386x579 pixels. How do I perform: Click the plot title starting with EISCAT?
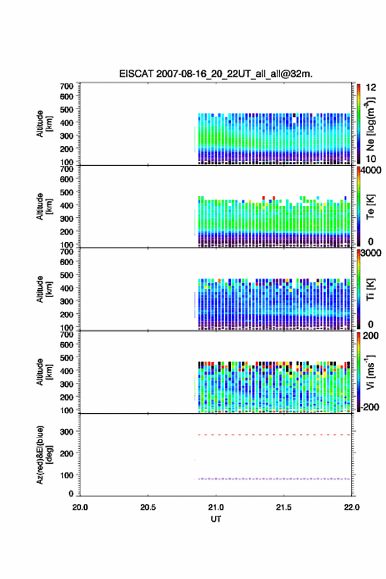216,74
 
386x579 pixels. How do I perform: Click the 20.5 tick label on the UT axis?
148,507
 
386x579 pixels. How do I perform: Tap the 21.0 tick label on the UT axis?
216,507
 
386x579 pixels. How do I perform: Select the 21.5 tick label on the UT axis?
284,507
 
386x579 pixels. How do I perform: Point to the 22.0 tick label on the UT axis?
352,507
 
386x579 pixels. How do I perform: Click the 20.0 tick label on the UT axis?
80,507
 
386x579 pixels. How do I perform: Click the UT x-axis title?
216,519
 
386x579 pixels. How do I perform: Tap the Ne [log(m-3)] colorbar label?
370,124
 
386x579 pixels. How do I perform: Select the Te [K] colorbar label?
370,207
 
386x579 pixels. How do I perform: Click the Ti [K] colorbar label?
370,289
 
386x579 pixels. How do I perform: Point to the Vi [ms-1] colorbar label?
370,372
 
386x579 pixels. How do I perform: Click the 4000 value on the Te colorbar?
371,170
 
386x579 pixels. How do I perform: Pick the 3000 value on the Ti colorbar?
371,253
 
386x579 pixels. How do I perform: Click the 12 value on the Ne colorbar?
371,88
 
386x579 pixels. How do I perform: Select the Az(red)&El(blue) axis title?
44,455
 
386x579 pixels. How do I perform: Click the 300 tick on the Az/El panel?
67,432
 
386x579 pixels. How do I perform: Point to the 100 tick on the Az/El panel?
67,475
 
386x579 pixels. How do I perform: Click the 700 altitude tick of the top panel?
67,86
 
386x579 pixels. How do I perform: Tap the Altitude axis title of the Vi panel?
44,372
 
